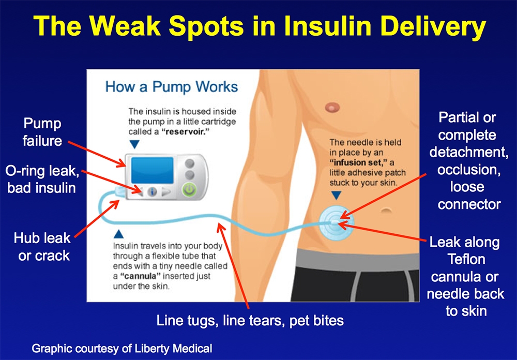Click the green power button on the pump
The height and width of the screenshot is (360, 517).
(x=189, y=190)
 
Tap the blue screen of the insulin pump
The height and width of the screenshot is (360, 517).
(x=153, y=170)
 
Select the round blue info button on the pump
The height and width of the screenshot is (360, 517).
(x=152, y=191)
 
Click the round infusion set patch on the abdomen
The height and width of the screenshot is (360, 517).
(x=336, y=221)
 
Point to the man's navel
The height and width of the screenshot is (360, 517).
(x=386, y=210)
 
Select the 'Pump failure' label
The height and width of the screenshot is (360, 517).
(x=42, y=132)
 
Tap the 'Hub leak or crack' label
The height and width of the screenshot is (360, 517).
(x=42, y=247)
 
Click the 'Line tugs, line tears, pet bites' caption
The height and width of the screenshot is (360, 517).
(x=250, y=320)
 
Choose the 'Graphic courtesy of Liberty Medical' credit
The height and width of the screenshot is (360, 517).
(x=122, y=349)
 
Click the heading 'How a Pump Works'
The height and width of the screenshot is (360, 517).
(x=172, y=87)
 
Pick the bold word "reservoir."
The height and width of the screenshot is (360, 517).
(x=188, y=132)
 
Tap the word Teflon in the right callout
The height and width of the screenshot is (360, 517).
(x=466, y=259)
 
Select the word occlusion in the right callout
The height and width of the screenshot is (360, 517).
(x=469, y=170)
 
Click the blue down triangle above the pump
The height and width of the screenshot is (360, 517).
(x=134, y=144)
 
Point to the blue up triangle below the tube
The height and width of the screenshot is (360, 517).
(x=118, y=234)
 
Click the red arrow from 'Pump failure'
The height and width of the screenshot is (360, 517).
(x=97, y=154)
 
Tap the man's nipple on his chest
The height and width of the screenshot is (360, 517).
(x=332, y=107)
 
